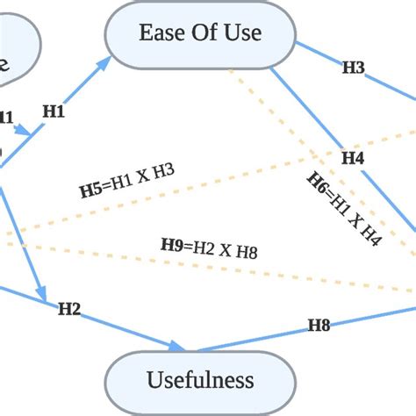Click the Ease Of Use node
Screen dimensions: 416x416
tap(200, 33)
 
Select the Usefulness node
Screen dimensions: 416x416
tap(200, 380)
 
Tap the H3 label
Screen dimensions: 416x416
tap(353, 67)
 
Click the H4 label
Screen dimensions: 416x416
tap(352, 158)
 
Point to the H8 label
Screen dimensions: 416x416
tap(319, 326)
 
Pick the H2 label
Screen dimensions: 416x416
tap(69, 308)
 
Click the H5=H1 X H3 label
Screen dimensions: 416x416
tap(127, 181)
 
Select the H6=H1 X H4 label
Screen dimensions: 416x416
tap(343, 209)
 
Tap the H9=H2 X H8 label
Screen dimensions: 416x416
tap(208, 247)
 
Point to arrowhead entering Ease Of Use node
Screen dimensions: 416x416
tap(106, 61)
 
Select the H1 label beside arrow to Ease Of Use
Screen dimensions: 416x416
tap(54, 111)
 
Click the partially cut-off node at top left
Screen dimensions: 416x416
tap(13, 53)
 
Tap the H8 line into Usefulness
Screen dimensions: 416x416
tap(263, 337)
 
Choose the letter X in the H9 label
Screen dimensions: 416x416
tap(224, 250)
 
